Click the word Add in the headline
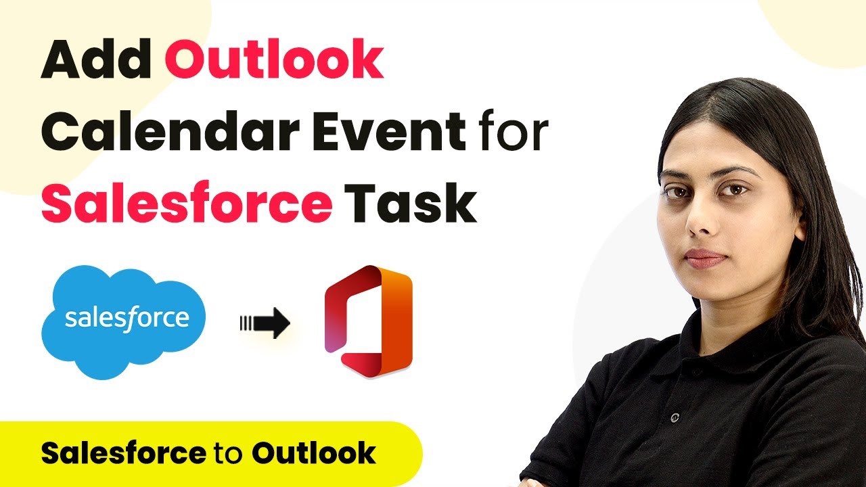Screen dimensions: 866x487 [96, 59]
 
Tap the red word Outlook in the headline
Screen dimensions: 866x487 [275, 59]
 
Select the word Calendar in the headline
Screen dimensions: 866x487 [170, 131]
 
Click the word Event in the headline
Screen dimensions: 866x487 [389, 131]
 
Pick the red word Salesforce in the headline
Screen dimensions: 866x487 [187, 202]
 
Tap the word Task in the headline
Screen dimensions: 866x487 [411, 202]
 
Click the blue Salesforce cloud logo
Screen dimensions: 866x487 [124, 321]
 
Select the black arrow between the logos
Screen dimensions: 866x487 [265, 323]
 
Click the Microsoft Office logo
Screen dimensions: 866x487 [369, 321]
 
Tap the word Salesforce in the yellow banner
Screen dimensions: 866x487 [123, 453]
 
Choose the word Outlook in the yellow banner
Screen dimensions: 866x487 [313, 453]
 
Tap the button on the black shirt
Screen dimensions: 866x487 [675, 417]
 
